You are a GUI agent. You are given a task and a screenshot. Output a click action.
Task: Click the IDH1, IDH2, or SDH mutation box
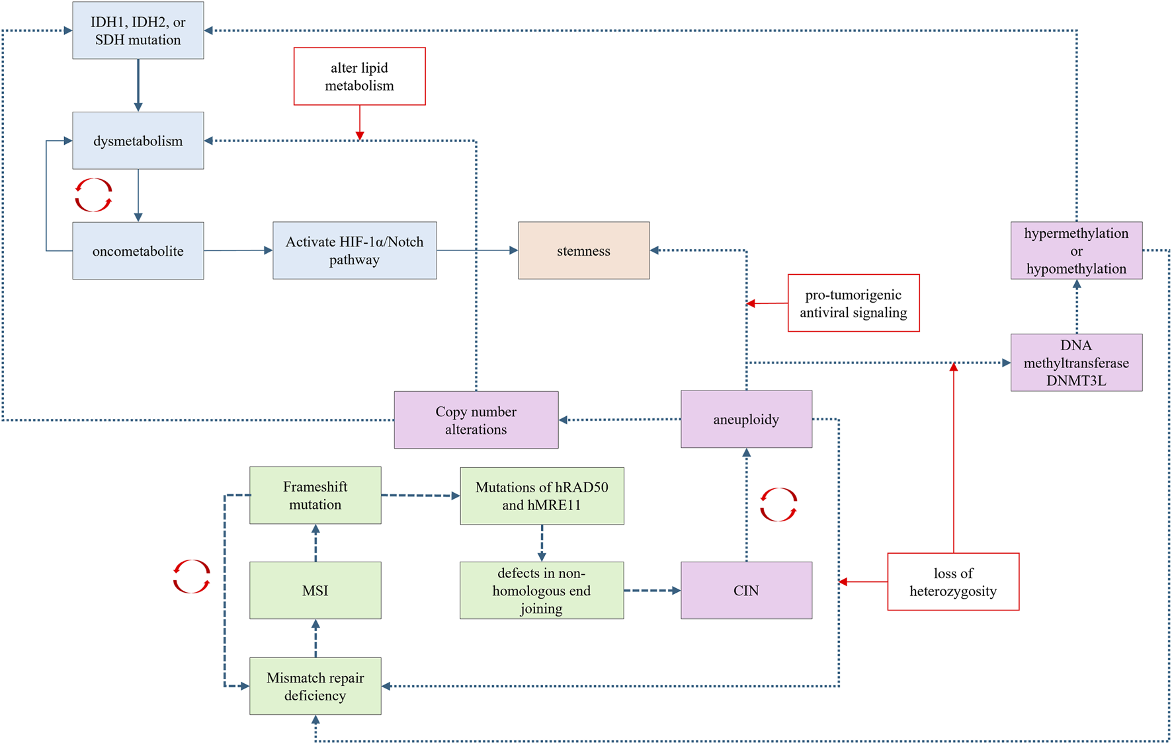click(138, 30)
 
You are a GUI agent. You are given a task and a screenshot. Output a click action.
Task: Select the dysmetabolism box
click(138, 141)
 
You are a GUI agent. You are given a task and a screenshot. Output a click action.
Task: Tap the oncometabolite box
click(138, 251)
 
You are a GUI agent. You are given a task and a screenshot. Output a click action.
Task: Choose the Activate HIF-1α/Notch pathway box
click(355, 250)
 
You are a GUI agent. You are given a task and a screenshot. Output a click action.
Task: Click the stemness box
click(583, 250)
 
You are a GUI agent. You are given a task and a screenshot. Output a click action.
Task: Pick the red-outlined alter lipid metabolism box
click(359, 76)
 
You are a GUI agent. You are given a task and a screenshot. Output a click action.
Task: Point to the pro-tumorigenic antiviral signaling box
click(853, 303)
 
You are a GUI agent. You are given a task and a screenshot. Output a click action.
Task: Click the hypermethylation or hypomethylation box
click(1076, 250)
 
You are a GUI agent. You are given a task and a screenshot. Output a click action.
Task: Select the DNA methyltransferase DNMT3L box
click(1076, 363)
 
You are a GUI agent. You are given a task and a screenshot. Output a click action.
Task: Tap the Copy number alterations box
click(476, 420)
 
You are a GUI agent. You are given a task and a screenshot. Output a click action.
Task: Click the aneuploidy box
click(746, 419)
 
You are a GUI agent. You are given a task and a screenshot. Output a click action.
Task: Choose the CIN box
click(746, 590)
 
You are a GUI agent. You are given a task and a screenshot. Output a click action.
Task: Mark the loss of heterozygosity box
click(953, 581)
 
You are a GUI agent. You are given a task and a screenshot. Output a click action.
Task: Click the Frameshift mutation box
click(315, 496)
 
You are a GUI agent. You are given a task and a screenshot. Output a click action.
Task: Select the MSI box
click(315, 590)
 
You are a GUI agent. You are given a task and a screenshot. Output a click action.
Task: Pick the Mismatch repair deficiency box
click(315, 686)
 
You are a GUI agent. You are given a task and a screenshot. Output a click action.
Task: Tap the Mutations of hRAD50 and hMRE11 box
click(541, 496)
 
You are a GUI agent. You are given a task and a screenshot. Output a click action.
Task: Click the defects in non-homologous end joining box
click(541, 590)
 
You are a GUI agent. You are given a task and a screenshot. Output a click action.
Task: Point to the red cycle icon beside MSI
click(191, 576)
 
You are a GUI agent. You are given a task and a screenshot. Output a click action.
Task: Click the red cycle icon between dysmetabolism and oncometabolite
click(93, 195)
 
